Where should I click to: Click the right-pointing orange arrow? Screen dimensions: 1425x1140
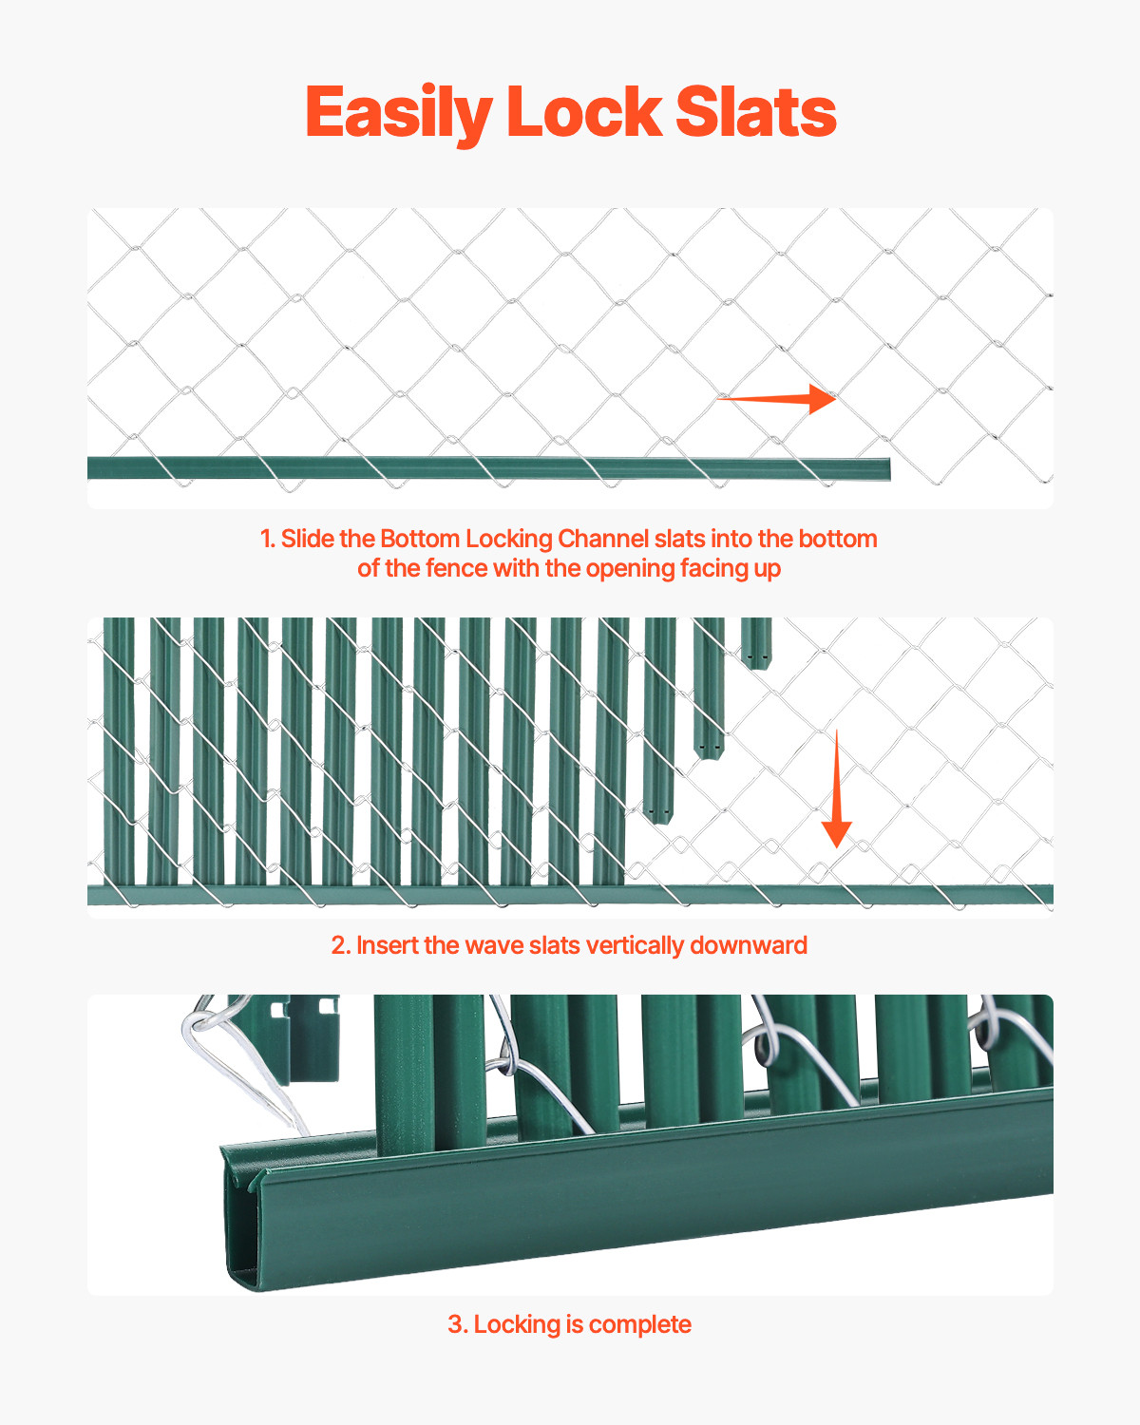pos(777,399)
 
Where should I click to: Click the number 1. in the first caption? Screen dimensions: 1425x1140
pos(268,540)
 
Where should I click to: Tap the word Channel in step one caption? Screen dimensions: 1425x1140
pos(603,540)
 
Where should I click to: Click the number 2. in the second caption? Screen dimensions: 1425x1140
pos(340,946)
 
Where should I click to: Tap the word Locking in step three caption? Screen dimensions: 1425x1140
pos(518,1325)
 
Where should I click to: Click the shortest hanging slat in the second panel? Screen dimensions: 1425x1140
pos(755,642)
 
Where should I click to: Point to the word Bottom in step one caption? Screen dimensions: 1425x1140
pos(419,540)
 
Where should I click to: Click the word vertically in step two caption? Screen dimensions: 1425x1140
pos(635,946)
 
